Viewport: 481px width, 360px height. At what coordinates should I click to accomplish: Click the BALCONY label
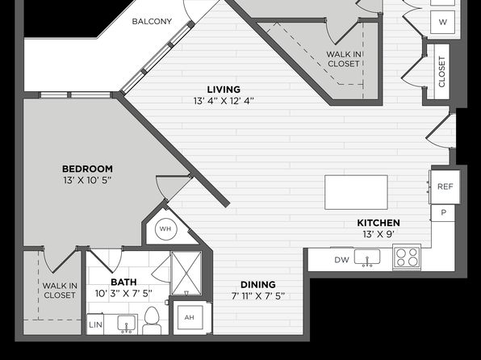point(152,22)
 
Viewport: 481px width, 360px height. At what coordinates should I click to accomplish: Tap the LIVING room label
point(224,90)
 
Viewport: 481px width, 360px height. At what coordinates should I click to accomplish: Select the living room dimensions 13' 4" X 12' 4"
point(224,101)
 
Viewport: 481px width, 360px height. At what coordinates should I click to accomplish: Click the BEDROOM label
point(87,169)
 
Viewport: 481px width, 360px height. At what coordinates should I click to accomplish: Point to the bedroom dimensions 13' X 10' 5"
point(87,180)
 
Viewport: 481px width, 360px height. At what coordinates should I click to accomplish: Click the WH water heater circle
point(166,228)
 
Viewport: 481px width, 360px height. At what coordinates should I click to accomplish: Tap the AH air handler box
point(190,317)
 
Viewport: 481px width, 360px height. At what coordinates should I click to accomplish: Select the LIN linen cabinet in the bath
point(95,324)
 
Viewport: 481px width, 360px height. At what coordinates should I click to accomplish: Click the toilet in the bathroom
point(152,320)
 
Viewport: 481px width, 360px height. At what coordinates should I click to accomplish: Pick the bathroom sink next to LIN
point(128,324)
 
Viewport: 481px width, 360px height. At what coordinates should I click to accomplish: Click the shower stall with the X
point(186,273)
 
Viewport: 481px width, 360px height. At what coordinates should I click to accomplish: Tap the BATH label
point(123,282)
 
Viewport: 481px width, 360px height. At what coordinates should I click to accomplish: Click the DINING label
point(258,285)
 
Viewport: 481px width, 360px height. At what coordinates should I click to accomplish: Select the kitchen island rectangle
point(356,192)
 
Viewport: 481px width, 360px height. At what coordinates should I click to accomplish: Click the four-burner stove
point(407,257)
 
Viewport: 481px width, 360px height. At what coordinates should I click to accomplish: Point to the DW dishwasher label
point(341,260)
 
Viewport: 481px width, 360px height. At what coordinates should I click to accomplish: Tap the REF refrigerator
point(445,186)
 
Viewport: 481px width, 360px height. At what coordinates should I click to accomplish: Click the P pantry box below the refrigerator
point(443,212)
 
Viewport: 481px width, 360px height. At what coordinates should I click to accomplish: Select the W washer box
point(442,22)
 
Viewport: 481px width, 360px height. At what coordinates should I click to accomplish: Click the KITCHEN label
point(379,223)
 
